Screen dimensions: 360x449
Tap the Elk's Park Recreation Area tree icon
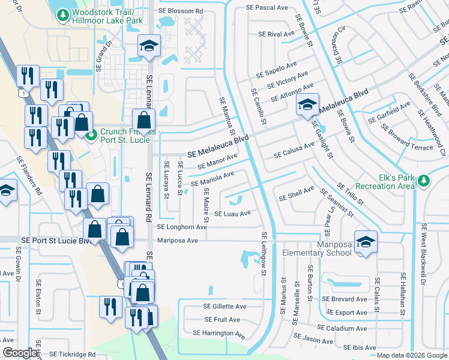click(x=424, y=181)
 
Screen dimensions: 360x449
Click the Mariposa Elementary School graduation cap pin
click(x=364, y=241)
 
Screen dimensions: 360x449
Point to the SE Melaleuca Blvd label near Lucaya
click(x=218, y=147)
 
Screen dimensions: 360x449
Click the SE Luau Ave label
click(x=232, y=214)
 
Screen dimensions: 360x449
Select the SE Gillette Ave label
click(x=225, y=307)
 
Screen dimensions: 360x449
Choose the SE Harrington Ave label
click(x=219, y=333)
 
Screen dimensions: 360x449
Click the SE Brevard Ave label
click(x=344, y=299)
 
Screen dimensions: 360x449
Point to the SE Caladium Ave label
click(x=342, y=328)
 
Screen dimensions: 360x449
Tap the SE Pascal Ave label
click(x=267, y=7)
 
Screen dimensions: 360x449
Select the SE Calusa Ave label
click(x=294, y=150)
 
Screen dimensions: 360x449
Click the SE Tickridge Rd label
click(x=73, y=354)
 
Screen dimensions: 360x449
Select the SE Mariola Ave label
click(x=212, y=179)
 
